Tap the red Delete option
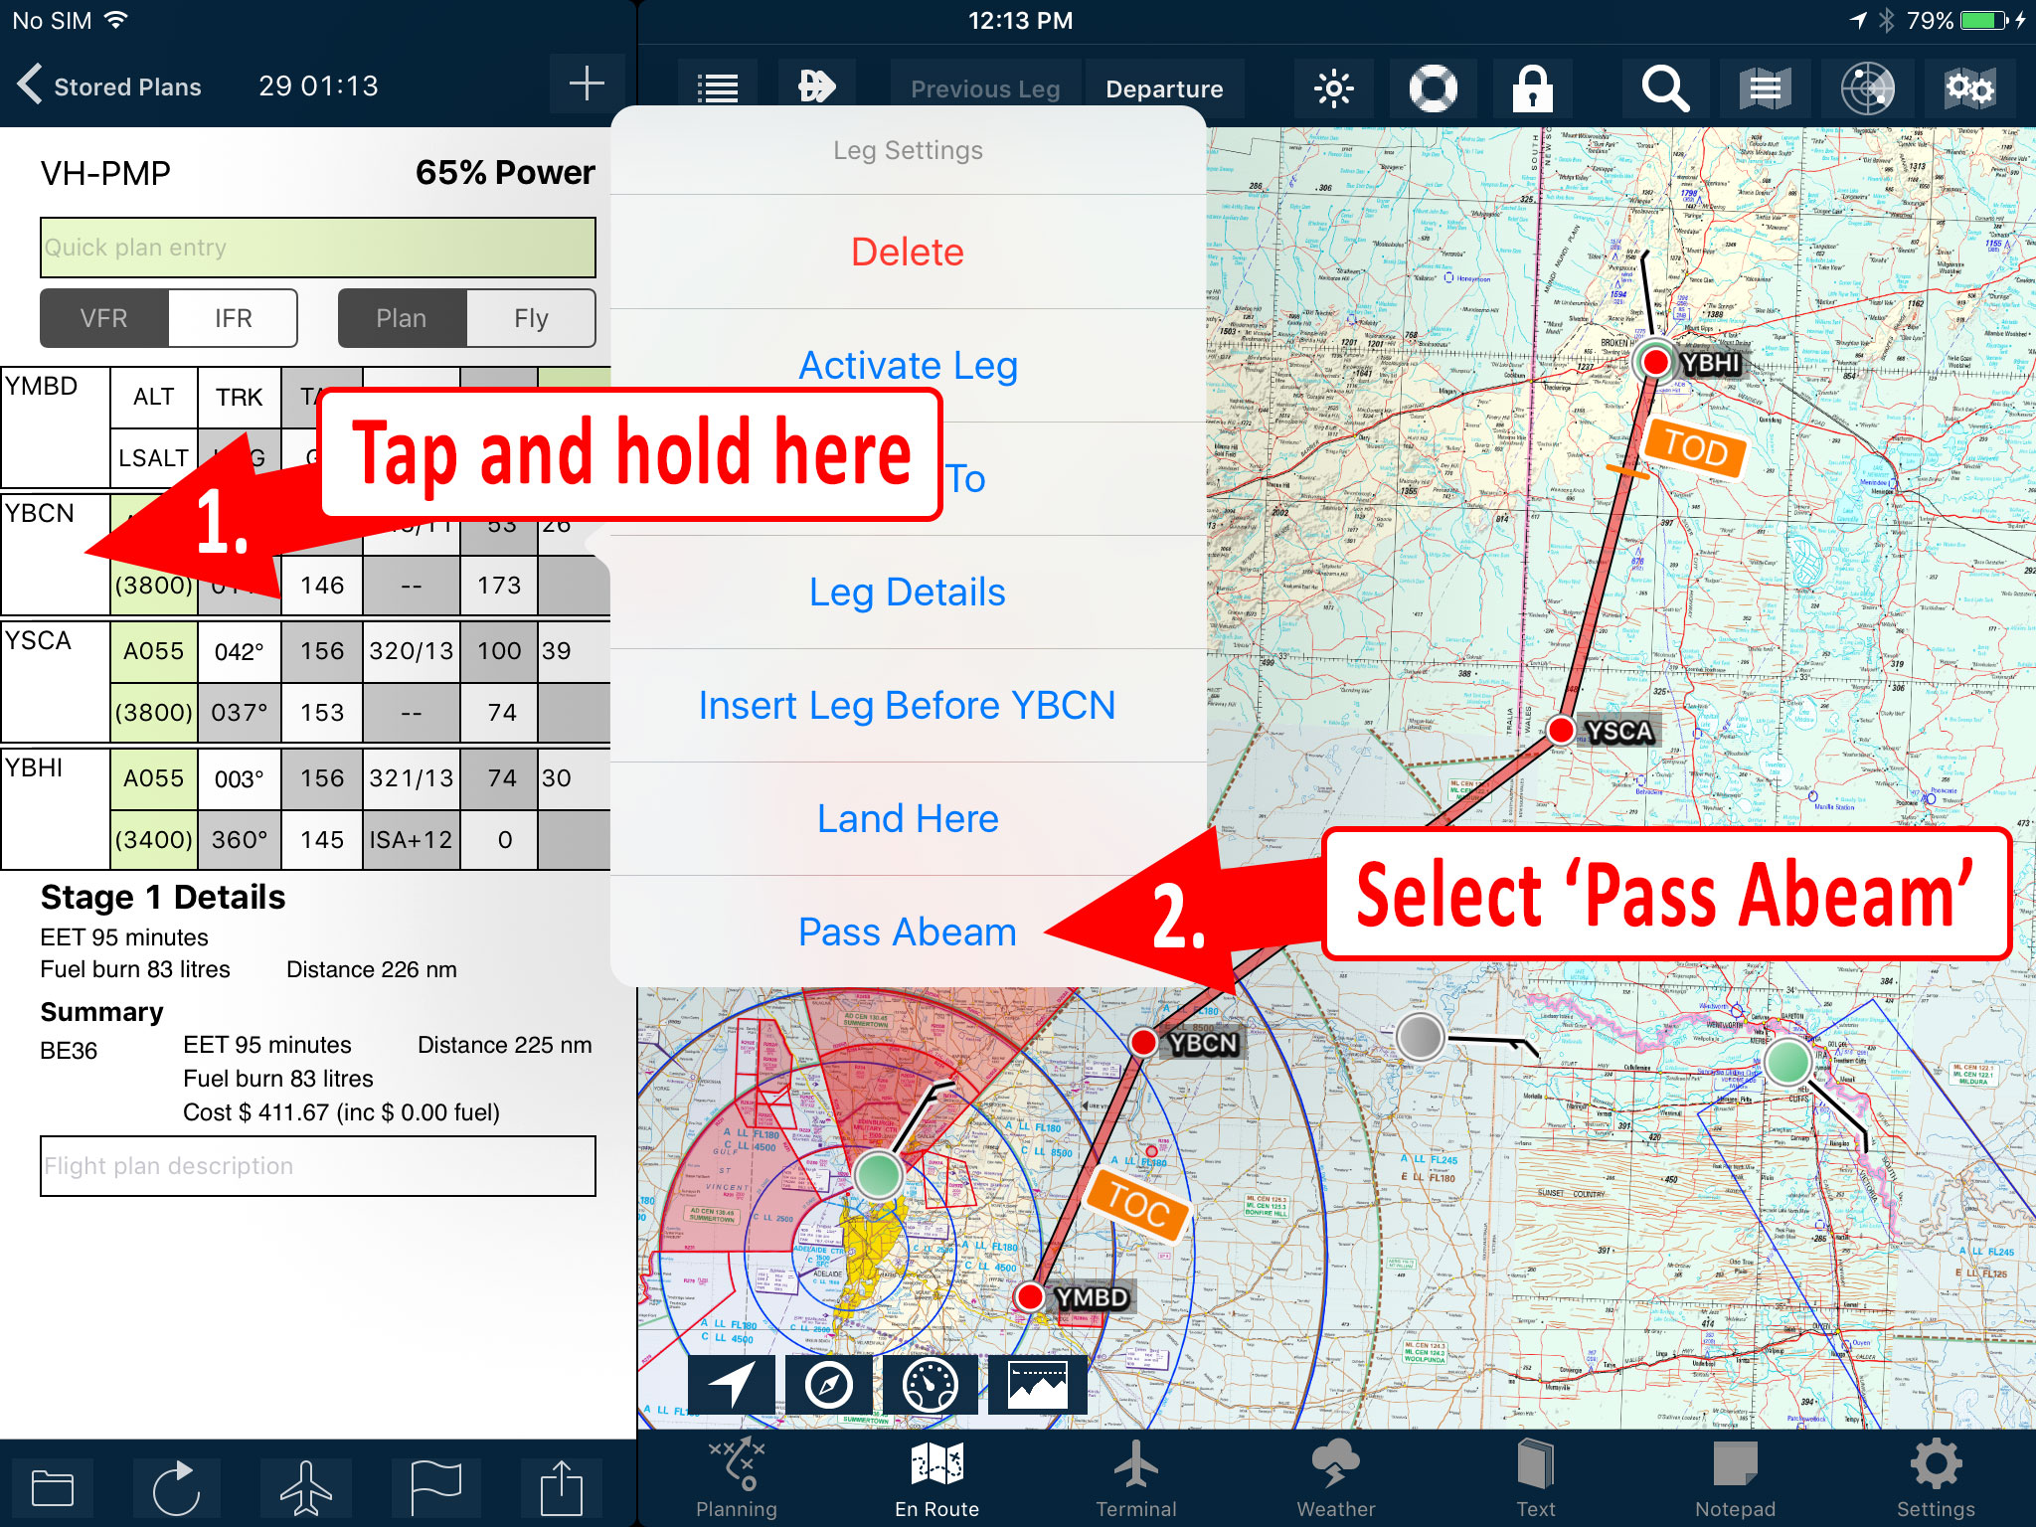[x=907, y=253]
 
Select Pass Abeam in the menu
[x=907, y=933]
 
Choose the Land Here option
[x=907, y=819]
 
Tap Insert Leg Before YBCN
[x=907, y=706]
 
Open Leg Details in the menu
[x=907, y=593]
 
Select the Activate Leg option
[x=907, y=366]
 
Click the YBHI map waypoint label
[x=1710, y=363]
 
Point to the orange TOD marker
[x=1695, y=448]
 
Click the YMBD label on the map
[x=1091, y=1297]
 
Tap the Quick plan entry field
[x=318, y=248]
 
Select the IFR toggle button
[x=233, y=318]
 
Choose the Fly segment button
[x=531, y=318]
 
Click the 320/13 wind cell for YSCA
[x=411, y=651]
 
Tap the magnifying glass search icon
[x=1664, y=88]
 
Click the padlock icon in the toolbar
[x=1532, y=88]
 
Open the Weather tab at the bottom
[x=1335, y=1479]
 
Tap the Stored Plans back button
[x=109, y=86]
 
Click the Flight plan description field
[x=318, y=1166]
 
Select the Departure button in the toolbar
[x=1164, y=88]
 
